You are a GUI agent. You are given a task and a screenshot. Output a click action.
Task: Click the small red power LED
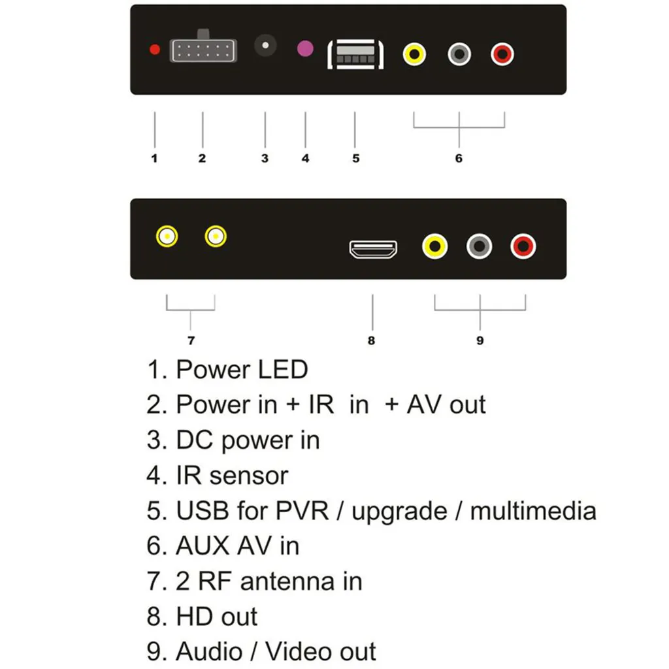155,49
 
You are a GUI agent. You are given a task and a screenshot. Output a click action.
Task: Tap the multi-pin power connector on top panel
203,50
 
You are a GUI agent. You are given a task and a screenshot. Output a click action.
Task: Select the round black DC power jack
265,46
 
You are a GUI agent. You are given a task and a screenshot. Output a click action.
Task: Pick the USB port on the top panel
355,54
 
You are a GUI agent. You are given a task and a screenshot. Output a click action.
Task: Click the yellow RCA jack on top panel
414,54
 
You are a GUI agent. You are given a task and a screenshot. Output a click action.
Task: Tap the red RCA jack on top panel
502,54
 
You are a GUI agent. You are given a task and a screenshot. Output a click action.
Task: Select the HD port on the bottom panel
373,249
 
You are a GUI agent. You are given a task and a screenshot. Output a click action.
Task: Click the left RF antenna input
167,236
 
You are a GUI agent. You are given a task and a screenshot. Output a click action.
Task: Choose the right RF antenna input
216,236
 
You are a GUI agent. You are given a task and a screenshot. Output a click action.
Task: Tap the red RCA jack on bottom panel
523,246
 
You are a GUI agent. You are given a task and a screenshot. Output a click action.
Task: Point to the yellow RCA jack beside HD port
435,246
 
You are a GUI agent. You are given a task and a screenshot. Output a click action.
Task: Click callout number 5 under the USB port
355,158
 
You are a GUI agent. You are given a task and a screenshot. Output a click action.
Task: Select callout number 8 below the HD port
372,340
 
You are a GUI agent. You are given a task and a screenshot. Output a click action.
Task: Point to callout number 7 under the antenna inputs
191,340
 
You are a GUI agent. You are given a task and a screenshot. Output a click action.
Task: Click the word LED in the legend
282,370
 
